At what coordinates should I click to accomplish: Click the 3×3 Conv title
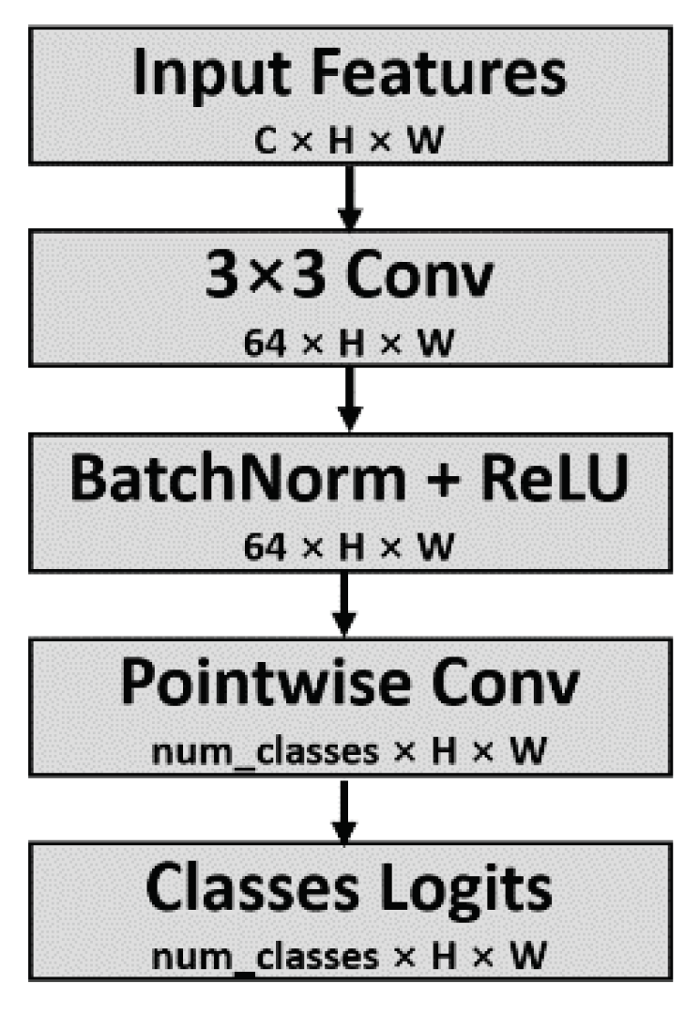coord(349,279)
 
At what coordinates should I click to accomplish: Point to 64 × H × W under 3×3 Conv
coord(349,342)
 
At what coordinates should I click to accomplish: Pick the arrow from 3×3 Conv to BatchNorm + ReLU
coord(349,398)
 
